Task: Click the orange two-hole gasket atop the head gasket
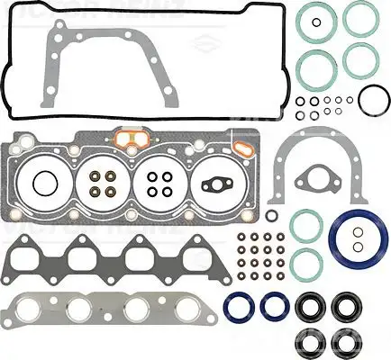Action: point(132,140)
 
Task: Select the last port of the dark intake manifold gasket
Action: point(190,260)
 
